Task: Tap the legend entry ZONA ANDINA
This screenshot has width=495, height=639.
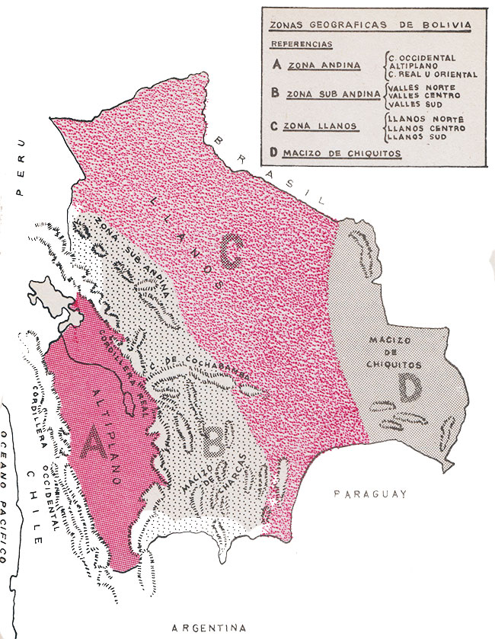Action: pos(324,65)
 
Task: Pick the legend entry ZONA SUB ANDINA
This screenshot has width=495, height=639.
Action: pos(334,95)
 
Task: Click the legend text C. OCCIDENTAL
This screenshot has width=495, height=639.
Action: pos(422,57)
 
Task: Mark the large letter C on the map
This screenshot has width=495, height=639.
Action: pos(232,252)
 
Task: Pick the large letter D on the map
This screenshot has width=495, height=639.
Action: pos(408,388)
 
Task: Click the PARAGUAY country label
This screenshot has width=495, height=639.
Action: pos(370,495)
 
